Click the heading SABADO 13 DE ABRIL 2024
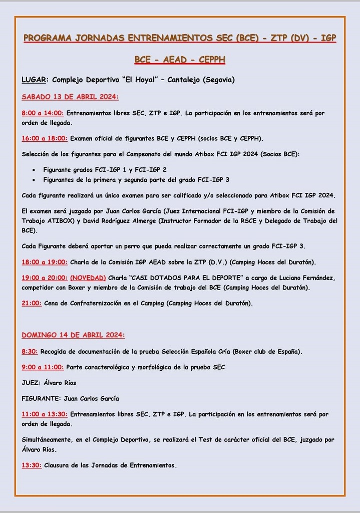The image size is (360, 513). pyautogui.click(x=70, y=97)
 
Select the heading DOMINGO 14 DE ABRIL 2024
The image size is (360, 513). pyautogui.click(x=73, y=335)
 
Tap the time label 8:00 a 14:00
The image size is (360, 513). pyautogui.click(x=43, y=113)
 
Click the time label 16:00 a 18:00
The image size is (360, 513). pyautogui.click(x=45, y=138)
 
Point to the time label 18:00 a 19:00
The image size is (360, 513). pyautogui.click(x=45, y=262)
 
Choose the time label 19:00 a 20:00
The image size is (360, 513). pyautogui.click(x=45, y=278)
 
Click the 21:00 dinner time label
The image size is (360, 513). pyautogui.click(x=32, y=303)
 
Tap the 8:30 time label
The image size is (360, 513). pyautogui.click(x=30, y=351)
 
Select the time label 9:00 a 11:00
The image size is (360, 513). pyautogui.click(x=43, y=367)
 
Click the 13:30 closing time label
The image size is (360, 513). pyautogui.click(x=32, y=465)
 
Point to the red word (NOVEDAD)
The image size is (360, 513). pyautogui.click(x=88, y=278)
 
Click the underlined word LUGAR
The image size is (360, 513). pyautogui.click(x=34, y=80)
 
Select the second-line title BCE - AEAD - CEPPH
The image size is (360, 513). pyautogui.click(x=180, y=60)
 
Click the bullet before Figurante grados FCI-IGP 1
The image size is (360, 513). pyautogui.click(x=33, y=170)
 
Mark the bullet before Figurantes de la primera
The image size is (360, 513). pyautogui.click(x=33, y=179)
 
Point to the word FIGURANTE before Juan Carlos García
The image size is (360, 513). pyautogui.click(x=40, y=399)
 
